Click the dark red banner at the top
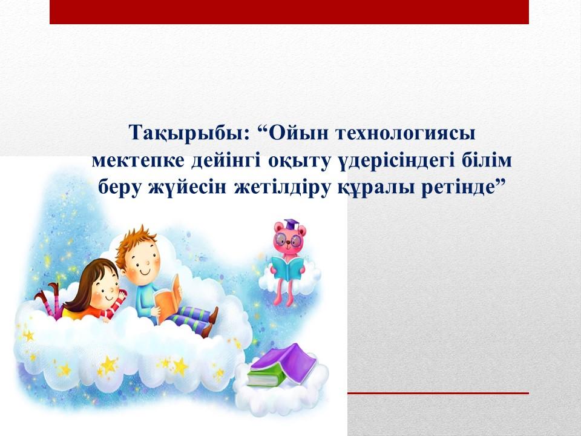(x=289, y=12)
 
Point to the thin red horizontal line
(x=438, y=393)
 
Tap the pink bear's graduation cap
(x=291, y=225)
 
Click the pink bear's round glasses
(x=289, y=240)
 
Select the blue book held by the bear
(x=287, y=268)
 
